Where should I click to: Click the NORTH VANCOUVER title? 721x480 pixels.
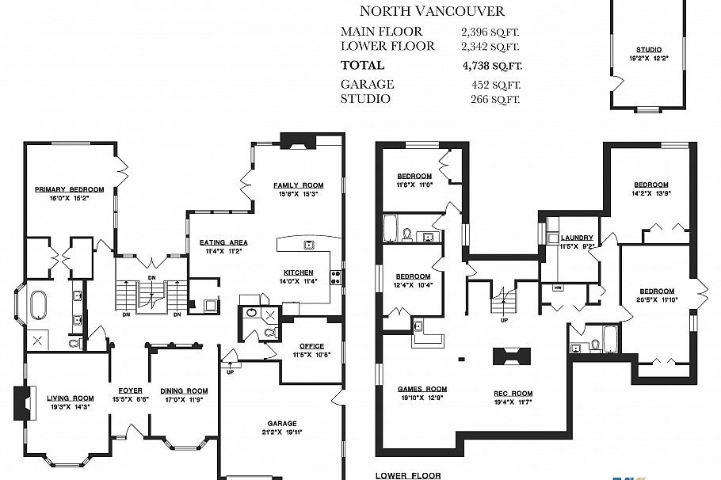coord(432,11)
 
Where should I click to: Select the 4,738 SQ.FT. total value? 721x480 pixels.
coord(491,65)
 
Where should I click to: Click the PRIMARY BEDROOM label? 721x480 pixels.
coord(70,189)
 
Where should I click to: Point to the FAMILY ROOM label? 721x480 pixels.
coord(299,185)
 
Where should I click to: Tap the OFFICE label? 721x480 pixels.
coord(311,346)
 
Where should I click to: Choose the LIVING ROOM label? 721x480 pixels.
coord(71,398)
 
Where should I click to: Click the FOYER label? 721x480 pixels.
coord(130,390)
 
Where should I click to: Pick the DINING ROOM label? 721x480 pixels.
coord(184,390)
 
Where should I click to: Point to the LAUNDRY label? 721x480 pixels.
coord(577,238)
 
